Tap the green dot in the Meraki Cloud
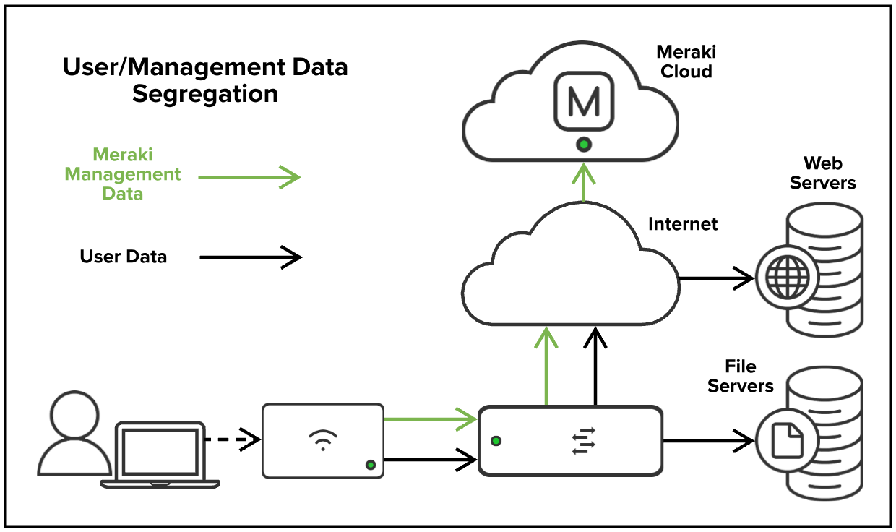click(583, 145)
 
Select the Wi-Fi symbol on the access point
click(322, 439)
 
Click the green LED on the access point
click(371, 465)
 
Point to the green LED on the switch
click(496, 441)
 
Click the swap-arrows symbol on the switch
click(582, 441)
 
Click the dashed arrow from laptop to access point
click(231, 439)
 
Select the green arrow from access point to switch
click(430, 418)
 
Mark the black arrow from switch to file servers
click(708, 439)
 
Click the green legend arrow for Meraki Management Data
click(249, 176)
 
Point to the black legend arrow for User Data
click(250, 257)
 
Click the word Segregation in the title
click(204, 95)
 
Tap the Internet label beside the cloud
click(683, 224)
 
